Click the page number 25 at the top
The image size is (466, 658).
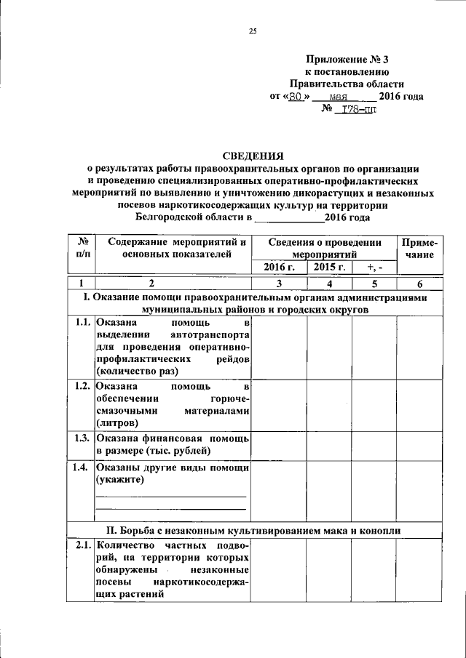click(x=253, y=31)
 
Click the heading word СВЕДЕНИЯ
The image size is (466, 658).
click(x=253, y=155)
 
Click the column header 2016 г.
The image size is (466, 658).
click(x=279, y=267)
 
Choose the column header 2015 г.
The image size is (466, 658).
click(x=329, y=267)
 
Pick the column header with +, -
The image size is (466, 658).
click(x=374, y=267)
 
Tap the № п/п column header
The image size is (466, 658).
click(x=82, y=248)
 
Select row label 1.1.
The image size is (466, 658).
click(x=82, y=322)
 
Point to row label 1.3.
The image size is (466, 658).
click(x=82, y=438)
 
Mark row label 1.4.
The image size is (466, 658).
click(x=82, y=468)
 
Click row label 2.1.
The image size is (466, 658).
click(x=82, y=545)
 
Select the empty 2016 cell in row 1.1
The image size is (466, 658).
click(x=279, y=347)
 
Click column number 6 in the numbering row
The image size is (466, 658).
click(x=419, y=284)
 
